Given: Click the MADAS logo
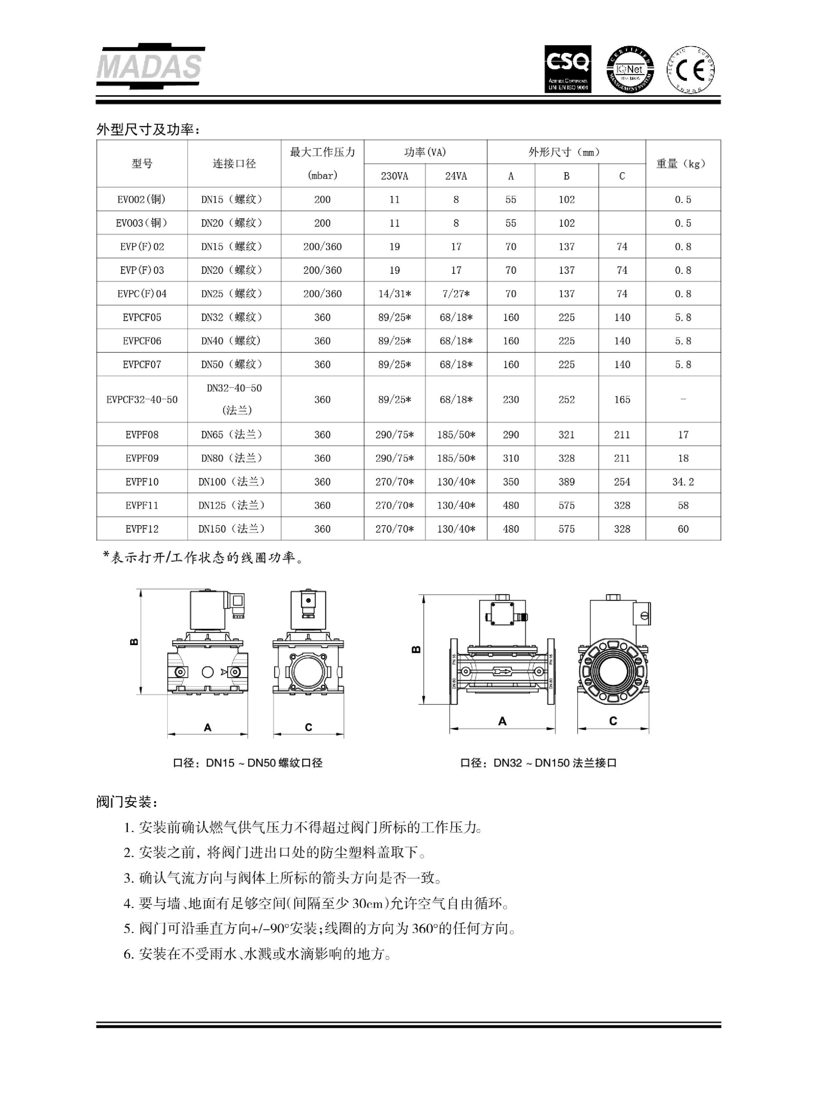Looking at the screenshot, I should point(150,67).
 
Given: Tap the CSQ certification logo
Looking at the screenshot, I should point(567,69).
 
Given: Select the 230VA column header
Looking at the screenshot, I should point(394,176).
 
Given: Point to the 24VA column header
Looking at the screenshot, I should point(455,176).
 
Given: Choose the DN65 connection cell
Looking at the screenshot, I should point(231,435).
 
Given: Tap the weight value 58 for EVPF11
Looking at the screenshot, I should point(683,506).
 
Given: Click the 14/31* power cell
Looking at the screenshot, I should point(394,294).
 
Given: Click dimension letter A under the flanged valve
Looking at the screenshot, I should point(502,721).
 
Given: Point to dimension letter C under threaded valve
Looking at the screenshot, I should point(308,727).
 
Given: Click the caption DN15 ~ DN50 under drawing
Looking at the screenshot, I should point(247,763).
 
